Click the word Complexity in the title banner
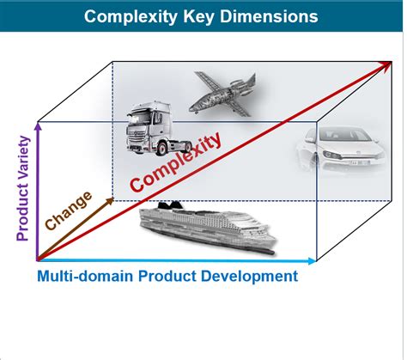click(131, 16)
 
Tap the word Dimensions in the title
click(269, 16)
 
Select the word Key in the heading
click(198, 17)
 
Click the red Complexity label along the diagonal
click(175, 162)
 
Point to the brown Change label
click(69, 211)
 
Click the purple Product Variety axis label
click(23, 188)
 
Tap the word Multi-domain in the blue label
click(85, 276)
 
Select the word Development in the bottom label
click(249, 277)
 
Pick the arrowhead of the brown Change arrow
click(111, 200)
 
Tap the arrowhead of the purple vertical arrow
click(38, 126)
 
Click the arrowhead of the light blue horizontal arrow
click(313, 260)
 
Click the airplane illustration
click(223, 95)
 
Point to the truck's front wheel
click(162, 149)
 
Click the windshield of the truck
click(139, 118)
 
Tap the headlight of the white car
click(332, 155)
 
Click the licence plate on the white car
click(360, 162)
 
